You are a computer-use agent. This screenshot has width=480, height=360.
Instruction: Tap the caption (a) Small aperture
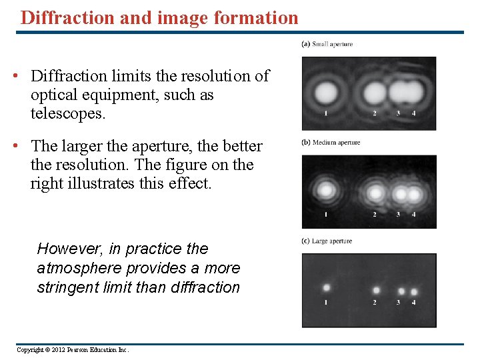[x=327, y=44]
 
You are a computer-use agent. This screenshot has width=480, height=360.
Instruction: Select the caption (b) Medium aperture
[x=331, y=142]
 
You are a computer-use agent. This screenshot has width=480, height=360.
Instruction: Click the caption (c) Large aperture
[x=327, y=241]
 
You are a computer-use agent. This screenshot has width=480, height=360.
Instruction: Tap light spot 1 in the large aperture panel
[x=327, y=287]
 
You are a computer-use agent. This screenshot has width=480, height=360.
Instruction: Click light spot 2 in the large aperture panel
[x=376, y=290]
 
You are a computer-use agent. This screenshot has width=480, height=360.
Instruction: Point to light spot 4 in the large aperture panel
[x=414, y=291]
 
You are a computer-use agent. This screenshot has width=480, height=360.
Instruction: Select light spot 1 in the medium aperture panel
[x=326, y=191]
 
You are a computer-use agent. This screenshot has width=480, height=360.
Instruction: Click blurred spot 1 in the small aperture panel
[x=325, y=91]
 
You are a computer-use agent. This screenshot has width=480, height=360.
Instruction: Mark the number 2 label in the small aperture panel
[x=374, y=113]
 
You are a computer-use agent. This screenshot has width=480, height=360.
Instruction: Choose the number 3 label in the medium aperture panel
[x=398, y=214]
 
